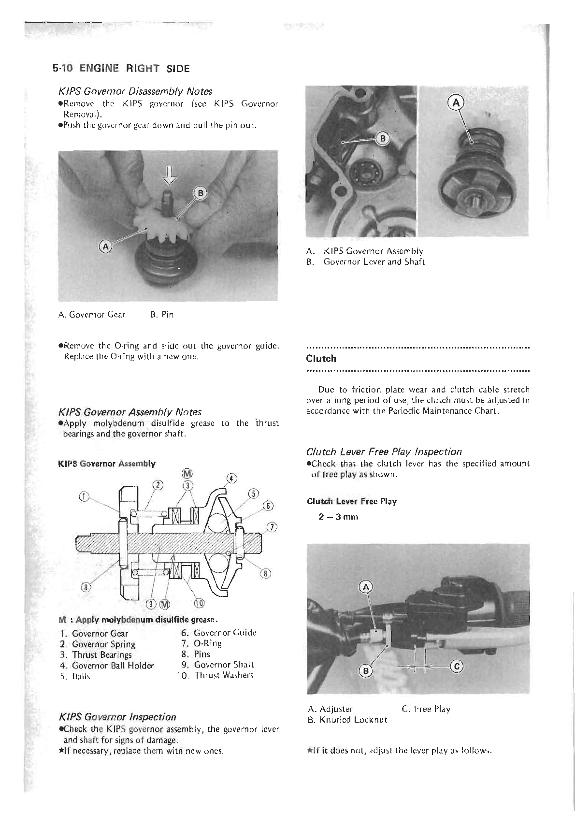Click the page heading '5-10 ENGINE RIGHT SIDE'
pos(121,68)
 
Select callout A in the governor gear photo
pos(105,247)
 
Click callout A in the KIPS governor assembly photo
pos(456,102)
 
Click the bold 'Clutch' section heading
pos(321,359)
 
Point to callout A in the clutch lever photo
pos(366,588)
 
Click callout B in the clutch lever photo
pos(367,671)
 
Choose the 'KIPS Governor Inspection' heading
pos(117,717)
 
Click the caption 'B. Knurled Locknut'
pos(347,720)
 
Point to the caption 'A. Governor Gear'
pos(91,315)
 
